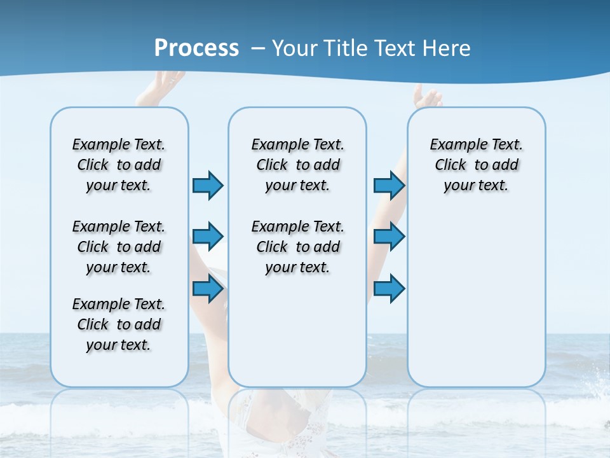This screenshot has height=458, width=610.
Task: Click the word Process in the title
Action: [x=196, y=48]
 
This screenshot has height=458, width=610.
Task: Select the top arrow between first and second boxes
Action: [x=207, y=185]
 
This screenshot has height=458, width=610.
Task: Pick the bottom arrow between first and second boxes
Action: [x=207, y=289]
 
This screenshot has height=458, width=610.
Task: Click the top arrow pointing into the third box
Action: [x=389, y=185]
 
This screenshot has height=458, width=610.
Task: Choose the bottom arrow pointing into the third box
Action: [x=389, y=289]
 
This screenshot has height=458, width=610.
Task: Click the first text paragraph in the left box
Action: [x=119, y=165]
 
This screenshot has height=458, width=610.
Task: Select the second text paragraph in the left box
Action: [x=119, y=247]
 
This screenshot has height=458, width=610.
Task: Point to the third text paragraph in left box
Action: [x=119, y=324]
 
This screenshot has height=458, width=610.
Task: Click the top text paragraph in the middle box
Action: [x=297, y=165]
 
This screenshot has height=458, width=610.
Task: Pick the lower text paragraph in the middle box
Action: [x=297, y=247]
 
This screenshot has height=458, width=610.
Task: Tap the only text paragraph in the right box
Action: [x=477, y=165]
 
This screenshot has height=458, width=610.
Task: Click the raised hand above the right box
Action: [x=427, y=97]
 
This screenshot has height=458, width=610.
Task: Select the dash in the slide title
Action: [x=258, y=48]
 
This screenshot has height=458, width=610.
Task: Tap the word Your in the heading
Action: [x=295, y=48]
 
